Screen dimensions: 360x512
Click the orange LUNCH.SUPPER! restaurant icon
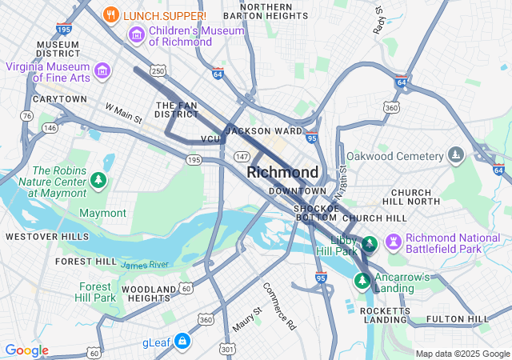(112, 14)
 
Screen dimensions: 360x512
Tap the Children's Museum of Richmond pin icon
(136, 35)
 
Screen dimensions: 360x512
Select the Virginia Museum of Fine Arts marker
(102, 71)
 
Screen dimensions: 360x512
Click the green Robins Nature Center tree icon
(98, 180)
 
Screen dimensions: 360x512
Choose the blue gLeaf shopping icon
(182, 342)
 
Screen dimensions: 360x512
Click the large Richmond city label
(282, 172)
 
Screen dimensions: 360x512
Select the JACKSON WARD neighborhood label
(264, 130)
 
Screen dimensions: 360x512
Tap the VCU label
(210, 139)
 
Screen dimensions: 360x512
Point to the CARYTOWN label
(59, 99)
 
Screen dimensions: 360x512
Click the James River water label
(145, 264)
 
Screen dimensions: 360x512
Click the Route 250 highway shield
(158, 71)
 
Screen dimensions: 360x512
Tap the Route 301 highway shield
(227, 349)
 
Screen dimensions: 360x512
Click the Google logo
(27, 350)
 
